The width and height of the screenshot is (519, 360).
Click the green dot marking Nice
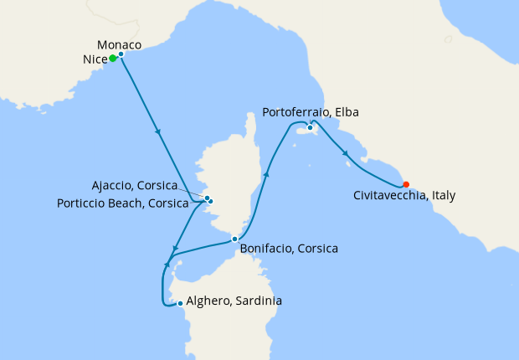[113, 59]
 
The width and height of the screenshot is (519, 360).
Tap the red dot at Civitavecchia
[406, 184]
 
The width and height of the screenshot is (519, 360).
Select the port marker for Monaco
[121, 54]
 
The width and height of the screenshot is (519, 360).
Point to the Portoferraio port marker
[311, 127]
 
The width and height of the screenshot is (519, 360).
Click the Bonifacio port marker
[235, 239]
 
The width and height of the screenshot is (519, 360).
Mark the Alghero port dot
[180, 303]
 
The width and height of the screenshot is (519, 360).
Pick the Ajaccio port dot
[207, 198]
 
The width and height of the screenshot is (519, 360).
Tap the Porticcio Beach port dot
[211, 202]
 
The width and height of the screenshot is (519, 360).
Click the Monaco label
[119, 44]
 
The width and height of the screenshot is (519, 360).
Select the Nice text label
[95, 59]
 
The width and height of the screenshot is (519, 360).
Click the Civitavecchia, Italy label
[405, 196]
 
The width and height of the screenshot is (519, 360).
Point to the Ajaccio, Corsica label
[135, 185]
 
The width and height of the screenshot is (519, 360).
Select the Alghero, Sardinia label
[234, 301]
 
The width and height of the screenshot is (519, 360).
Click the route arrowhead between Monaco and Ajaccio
[158, 132]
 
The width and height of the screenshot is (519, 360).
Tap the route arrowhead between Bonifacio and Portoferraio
[267, 174]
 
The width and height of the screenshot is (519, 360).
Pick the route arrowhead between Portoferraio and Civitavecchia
[346, 152]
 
